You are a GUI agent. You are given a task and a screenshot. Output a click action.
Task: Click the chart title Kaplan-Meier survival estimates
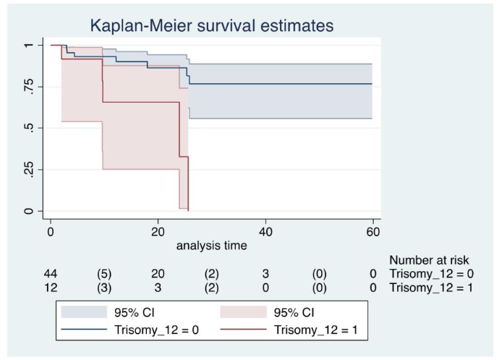pos(211,26)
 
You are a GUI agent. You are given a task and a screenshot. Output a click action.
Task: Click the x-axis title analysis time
pos(211,245)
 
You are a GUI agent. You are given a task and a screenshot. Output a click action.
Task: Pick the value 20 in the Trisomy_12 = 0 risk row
pos(158,273)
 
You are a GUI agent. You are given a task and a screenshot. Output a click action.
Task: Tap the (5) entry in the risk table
pos(104,273)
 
